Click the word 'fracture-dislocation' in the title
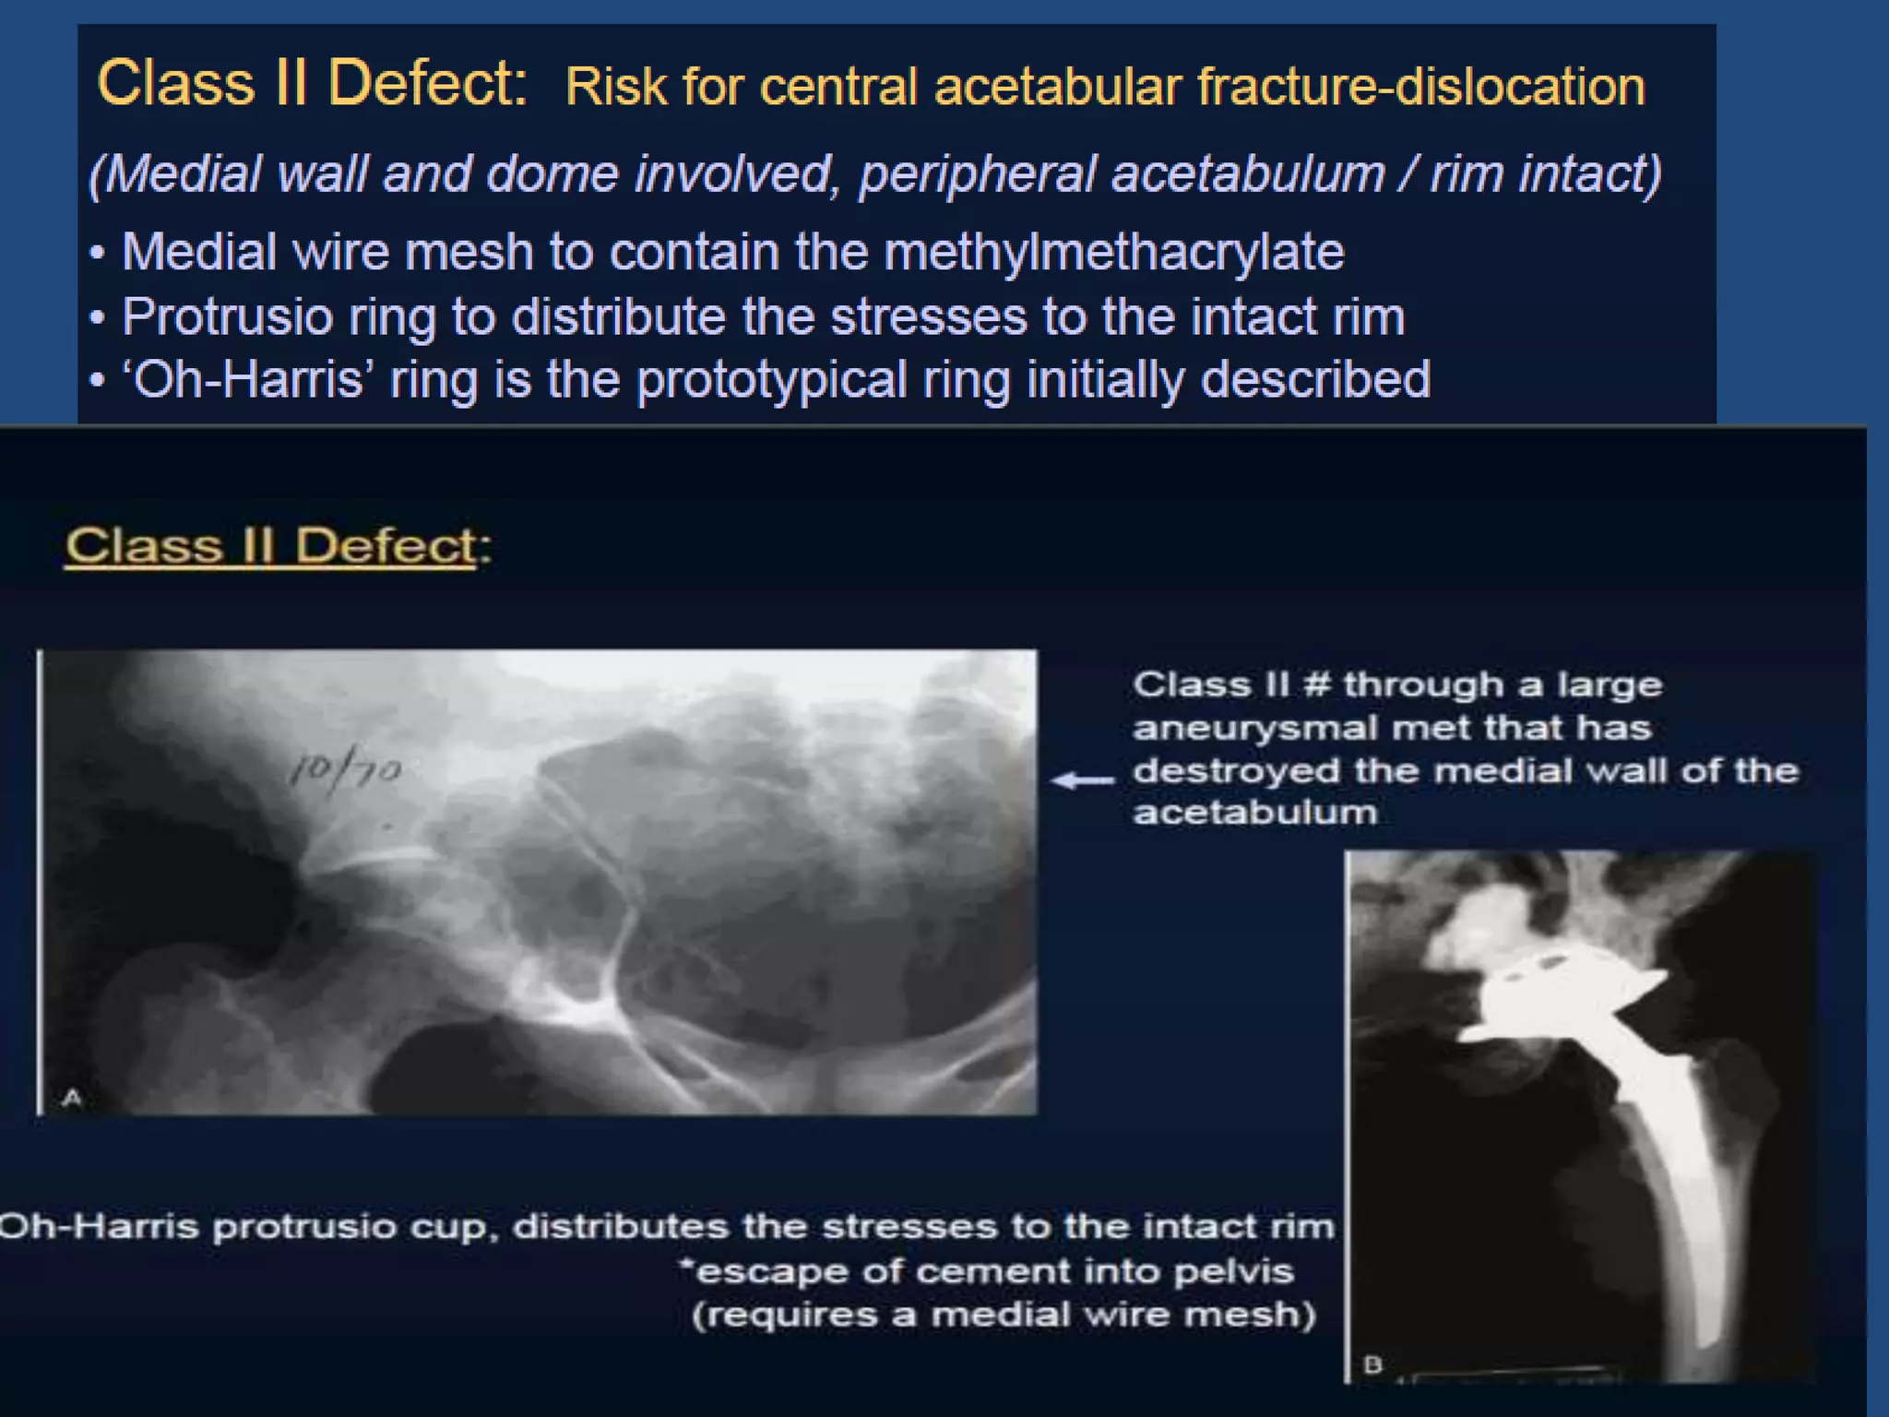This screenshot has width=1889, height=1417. click(1420, 88)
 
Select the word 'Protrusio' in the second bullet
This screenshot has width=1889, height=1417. click(227, 317)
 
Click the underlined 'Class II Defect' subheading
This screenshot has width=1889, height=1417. click(271, 545)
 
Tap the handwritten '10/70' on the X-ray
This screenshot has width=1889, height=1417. click(345, 769)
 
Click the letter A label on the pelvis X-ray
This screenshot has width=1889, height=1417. click(73, 1097)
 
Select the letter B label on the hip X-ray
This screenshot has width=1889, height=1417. click(1372, 1363)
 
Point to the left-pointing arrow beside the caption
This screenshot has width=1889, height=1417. click(1083, 781)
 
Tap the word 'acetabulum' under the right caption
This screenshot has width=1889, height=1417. click(1254, 813)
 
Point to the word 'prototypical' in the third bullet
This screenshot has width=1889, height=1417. click(771, 380)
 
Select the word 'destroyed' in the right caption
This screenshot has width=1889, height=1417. click(1236, 770)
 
